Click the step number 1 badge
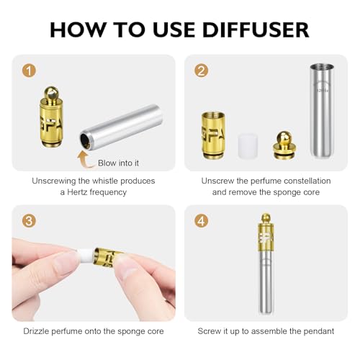29,71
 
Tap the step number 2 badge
201,71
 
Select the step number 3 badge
29,221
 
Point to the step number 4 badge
201,221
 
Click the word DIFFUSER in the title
256,30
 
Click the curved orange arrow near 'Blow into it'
85,160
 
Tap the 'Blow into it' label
118,163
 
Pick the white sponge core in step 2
248,146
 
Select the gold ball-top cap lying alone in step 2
284,145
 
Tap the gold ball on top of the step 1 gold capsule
51,93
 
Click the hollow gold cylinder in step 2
213,135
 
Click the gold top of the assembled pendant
266,233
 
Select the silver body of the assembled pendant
266,283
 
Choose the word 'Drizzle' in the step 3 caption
36,331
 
